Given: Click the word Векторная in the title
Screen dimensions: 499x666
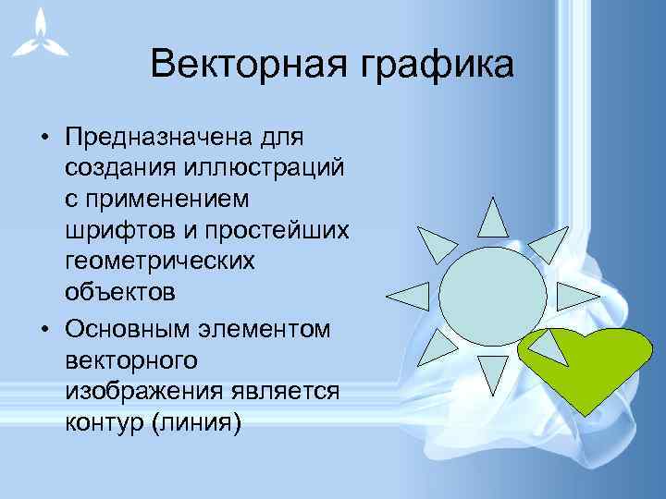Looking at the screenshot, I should pos(242,65).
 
